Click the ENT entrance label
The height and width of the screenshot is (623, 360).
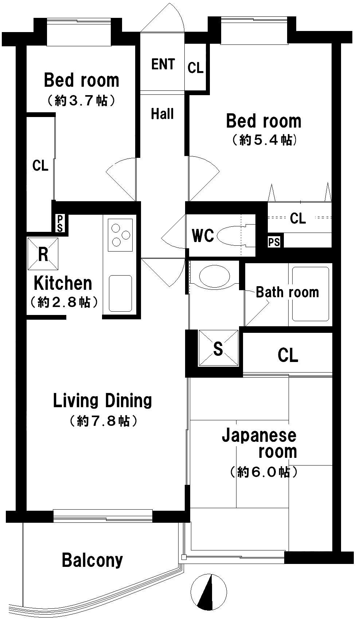pyautogui.click(x=163, y=65)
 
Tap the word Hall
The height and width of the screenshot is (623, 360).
pyautogui.click(x=162, y=114)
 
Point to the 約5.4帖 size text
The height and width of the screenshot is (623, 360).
pyautogui.click(x=264, y=140)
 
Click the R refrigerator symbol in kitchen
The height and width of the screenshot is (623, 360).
pyautogui.click(x=43, y=254)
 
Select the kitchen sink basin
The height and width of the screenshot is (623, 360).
pyautogui.click(x=120, y=293)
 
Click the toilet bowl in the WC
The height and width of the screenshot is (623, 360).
pyautogui.click(x=233, y=235)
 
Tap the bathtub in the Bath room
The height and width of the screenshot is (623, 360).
pyautogui.click(x=310, y=294)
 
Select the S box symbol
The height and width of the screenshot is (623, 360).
pyautogui.click(x=218, y=349)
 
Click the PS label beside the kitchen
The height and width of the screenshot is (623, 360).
pyautogui.click(x=60, y=223)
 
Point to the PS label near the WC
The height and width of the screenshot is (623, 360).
pyautogui.click(x=274, y=242)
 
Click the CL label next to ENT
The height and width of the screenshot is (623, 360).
pyautogui.click(x=195, y=68)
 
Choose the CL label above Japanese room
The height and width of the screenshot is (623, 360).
pyautogui.click(x=288, y=355)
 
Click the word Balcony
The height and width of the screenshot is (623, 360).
pyautogui.click(x=92, y=560)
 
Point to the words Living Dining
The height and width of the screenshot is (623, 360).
pyautogui.click(x=102, y=401)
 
